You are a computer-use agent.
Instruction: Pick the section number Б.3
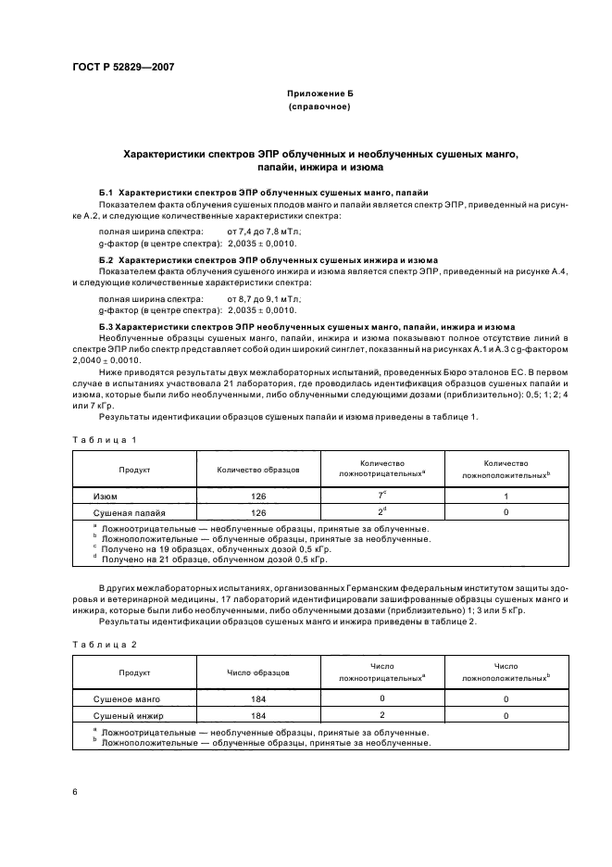point(105,328)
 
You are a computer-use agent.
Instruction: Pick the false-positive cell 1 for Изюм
point(506,496)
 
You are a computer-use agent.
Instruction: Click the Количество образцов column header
point(257,470)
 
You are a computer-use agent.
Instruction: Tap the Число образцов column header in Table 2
point(257,672)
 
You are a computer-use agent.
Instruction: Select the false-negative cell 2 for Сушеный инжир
point(381,716)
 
